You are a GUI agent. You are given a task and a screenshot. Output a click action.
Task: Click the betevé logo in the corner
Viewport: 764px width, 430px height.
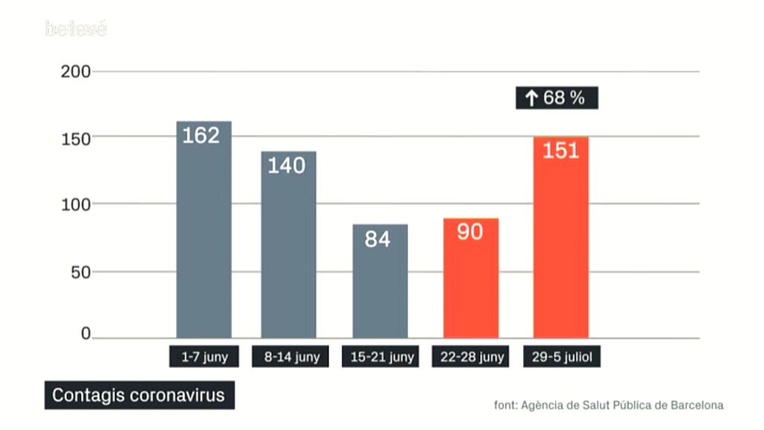(x=76, y=29)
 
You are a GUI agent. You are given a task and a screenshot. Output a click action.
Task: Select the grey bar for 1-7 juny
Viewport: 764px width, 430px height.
(x=204, y=239)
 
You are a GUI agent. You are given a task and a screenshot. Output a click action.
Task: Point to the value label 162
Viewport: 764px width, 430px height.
(x=201, y=136)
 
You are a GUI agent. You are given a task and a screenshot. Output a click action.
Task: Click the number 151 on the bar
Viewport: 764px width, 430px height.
(x=561, y=151)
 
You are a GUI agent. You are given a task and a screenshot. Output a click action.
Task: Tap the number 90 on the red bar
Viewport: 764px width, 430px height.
(x=470, y=232)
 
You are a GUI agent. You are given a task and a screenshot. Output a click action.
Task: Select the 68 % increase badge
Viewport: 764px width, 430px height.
(x=557, y=98)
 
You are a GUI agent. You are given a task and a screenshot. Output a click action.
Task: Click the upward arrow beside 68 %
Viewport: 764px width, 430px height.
(x=531, y=99)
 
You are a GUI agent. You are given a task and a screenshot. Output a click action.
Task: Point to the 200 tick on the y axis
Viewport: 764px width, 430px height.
(x=75, y=72)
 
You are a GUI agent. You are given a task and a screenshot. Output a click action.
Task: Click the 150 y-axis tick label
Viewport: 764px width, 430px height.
(x=75, y=139)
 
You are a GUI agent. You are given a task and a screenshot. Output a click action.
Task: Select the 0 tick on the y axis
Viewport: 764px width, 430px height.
(x=86, y=334)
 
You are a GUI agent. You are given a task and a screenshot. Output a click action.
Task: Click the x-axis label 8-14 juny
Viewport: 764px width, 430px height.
(x=292, y=357)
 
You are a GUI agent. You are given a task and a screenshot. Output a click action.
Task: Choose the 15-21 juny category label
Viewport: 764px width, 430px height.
(x=382, y=357)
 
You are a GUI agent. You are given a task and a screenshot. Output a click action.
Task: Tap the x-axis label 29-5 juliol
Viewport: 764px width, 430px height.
(x=562, y=357)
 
